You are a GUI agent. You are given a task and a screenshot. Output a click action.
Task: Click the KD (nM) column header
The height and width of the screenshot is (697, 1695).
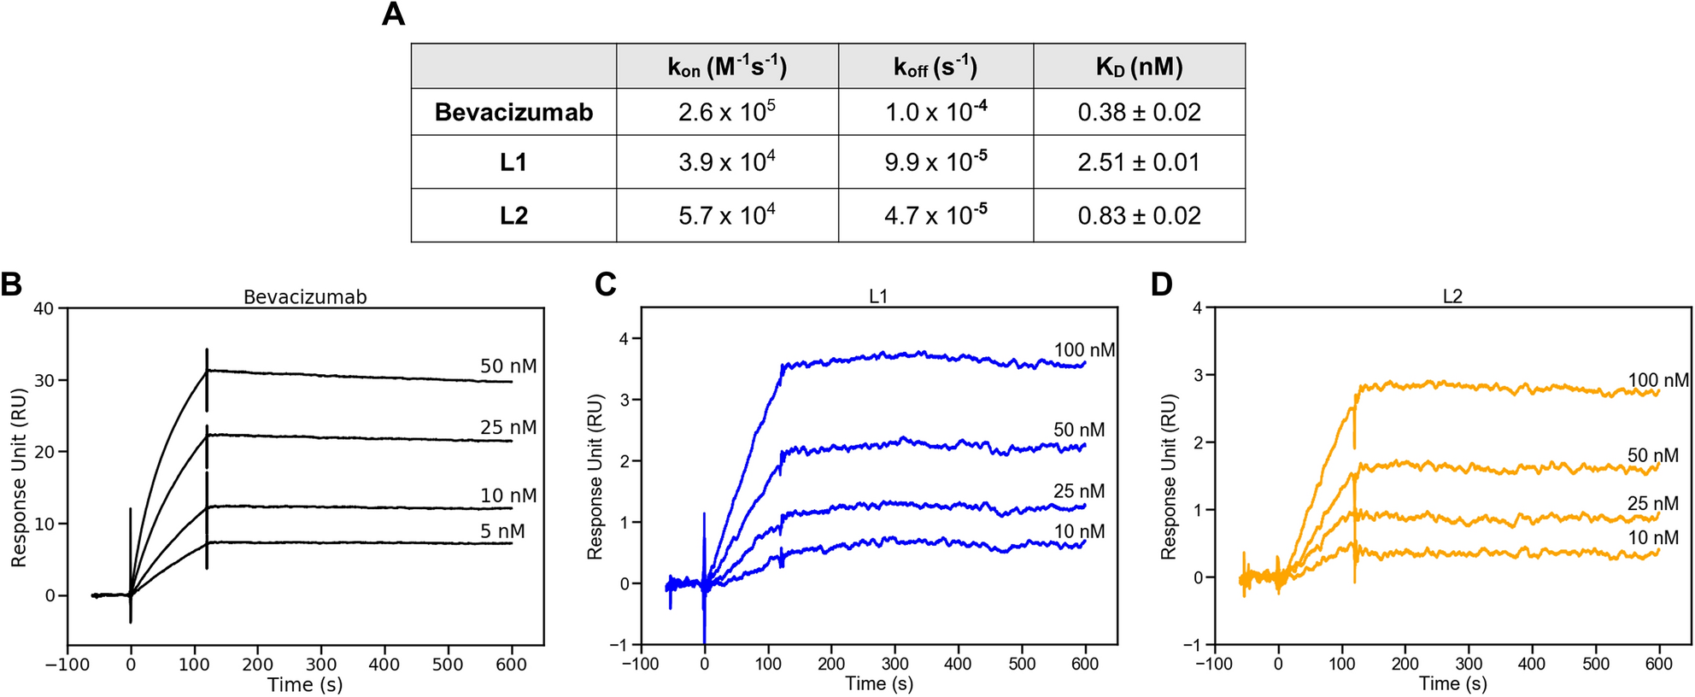pos(1139,67)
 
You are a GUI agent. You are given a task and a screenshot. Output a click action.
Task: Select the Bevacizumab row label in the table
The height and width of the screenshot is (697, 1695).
pos(513,113)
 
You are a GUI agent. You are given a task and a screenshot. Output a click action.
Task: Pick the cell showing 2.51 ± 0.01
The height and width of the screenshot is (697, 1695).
pos(1139,162)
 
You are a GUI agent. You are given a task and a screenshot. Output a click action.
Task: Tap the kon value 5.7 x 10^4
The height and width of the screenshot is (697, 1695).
pos(727,215)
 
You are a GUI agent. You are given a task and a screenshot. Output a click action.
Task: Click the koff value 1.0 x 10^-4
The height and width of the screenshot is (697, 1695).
pos(935,112)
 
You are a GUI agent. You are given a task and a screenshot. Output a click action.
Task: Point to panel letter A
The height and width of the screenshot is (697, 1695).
pos(393,15)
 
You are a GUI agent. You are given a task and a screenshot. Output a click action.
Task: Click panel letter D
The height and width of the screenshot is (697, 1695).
pos(1161,284)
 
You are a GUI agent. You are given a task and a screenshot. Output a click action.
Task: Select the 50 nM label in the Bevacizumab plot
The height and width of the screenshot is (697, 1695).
pos(508,366)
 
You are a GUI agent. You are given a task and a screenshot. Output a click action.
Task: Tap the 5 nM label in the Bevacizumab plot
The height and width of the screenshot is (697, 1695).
pos(502,531)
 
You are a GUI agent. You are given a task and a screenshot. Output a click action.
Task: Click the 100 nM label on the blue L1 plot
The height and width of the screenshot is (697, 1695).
pos(1084,350)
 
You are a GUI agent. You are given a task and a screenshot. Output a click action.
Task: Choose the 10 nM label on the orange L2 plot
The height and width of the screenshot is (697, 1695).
pos(1652,538)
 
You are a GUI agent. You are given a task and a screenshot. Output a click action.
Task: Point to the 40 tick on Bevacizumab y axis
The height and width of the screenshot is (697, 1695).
pos(44,308)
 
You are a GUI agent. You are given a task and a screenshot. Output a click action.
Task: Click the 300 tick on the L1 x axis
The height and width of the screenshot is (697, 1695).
pos(894,664)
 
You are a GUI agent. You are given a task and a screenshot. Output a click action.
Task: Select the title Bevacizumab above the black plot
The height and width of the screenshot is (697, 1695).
pos(305,297)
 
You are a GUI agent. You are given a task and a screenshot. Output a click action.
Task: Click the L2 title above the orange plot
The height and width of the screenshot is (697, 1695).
pos(1452,296)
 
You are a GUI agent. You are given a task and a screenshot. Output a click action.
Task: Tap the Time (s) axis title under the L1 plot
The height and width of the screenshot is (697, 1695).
pos(879,683)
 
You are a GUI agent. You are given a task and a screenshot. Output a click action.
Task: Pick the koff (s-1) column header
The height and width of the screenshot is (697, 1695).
pos(935,67)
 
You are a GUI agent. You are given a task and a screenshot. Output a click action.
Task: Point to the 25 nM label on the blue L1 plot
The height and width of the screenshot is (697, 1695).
pos(1078,491)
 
